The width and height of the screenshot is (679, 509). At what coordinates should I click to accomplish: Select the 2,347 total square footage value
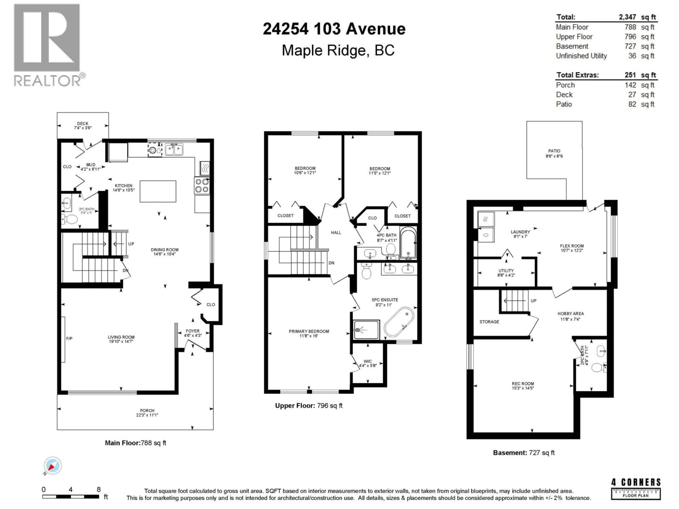pyautogui.click(x=627, y=17)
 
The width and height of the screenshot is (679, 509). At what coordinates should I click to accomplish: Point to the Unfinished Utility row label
pyautogui.click(x=581, y=56)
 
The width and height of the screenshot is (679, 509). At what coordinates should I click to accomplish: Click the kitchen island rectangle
pyautogui.click(x=158, y=191)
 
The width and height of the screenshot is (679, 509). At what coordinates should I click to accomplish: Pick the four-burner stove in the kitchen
pyautogui.click(x=202, y=185)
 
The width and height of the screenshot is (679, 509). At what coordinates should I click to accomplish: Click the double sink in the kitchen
pyautogui.click(x=174, y=150)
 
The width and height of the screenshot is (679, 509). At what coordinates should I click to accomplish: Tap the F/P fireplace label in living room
pyautogui.click(x=69, y=338)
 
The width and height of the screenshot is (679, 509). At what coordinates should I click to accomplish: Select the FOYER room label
pyautogui.click(x=192, y=331)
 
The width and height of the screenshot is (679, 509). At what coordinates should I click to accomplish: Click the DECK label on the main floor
pyautogui.click(x=83, y=124)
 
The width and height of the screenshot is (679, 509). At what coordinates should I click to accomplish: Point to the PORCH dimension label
pyautogui.click(x=147, y=413)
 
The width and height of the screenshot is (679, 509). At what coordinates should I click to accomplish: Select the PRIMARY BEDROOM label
pyautogui.click(x=309, y=331)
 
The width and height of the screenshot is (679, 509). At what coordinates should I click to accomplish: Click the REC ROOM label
pyautogui.click(x=523, y=384)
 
